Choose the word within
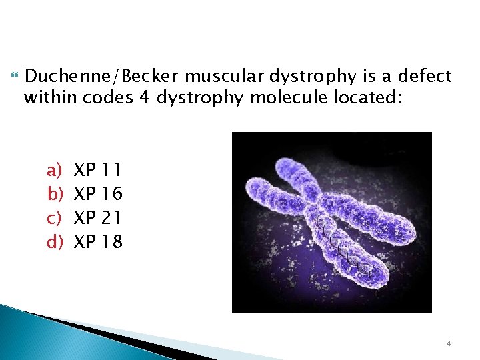point(52,98)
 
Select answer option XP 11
point(97,170)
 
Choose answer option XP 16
point(97,194)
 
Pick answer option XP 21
point(97,217)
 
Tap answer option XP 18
point(97,241)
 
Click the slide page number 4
point(449,343)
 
